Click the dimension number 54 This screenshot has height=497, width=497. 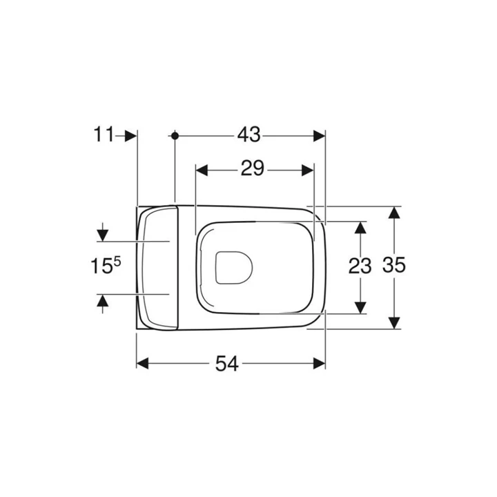point(226,364)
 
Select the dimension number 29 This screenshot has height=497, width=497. point(253,169)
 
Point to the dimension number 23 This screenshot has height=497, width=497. point(360,266)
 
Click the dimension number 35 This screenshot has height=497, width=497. point(393,266)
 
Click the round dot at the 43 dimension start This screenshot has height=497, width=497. point(175,136)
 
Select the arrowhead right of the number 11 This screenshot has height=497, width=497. point(131,136)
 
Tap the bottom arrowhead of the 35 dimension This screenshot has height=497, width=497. point(393,322)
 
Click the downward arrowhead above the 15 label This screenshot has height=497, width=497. point(103,233)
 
